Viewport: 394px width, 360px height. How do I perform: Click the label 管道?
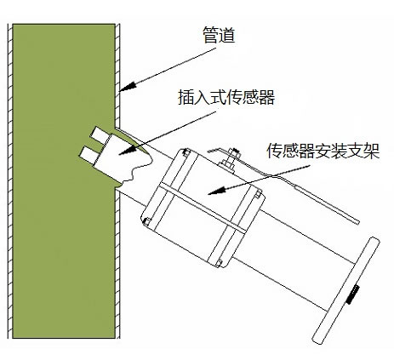(x=219, y=36)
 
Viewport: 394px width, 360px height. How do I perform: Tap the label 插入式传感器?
(x=226, y=98)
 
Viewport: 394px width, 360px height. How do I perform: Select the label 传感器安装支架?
(x=323, y=151)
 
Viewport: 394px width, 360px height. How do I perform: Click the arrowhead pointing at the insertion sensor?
(x=128, y=150)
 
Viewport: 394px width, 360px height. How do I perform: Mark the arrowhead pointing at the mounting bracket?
(x=217, y=191)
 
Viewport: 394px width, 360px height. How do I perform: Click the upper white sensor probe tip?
(x=97, y=133)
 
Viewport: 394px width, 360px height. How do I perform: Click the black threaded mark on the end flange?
(x=353, y=294)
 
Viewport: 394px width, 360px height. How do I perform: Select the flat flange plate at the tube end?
(x=345, y=290)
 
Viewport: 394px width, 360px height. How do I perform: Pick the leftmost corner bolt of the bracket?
(x=146, y=221)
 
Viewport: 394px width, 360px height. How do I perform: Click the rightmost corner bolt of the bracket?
(x=258, y=194)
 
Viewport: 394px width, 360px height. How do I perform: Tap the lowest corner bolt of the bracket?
(x=218, y=263)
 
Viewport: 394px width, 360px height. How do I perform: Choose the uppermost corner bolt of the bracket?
(x=186, y=152)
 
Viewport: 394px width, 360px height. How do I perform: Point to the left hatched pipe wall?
(x=10, y=181)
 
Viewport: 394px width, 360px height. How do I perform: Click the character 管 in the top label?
(x=210, y=36)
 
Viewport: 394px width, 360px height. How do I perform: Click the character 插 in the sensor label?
(x=186, y=98)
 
